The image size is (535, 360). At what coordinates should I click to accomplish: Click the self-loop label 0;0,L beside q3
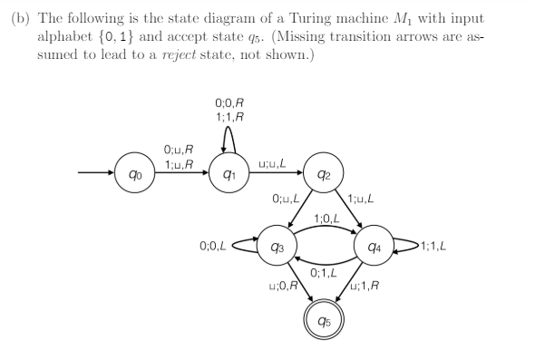click(x=212, y=245)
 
